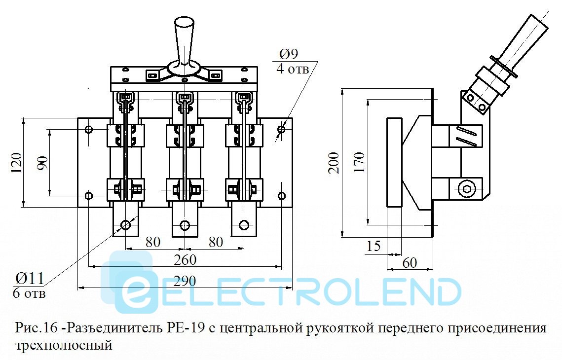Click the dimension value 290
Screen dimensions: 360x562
coord(184,281)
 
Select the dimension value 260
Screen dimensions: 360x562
coord(184,260)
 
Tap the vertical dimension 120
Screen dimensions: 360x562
coord(16,163)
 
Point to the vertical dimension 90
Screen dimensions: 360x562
coord(42,163)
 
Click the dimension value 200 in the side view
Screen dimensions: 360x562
coord(334,162)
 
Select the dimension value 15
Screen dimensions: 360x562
coord(374,246)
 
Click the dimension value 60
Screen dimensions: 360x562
coord(410,263)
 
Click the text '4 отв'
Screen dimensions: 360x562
coord(292,69)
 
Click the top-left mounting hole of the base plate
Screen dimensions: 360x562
coord(89,130)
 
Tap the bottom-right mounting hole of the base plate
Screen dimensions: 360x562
coord(281,196)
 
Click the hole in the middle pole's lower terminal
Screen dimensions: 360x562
coord(185,225)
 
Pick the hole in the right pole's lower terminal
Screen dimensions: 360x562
coord(243,225)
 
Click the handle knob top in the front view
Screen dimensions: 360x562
coord(184,23)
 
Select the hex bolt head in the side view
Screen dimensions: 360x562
coord(466,188)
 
